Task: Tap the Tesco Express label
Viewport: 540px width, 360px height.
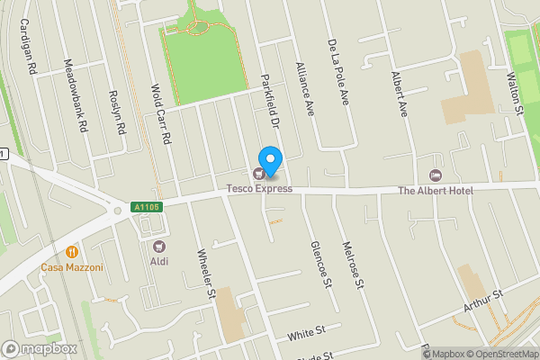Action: click(x=259, y=188)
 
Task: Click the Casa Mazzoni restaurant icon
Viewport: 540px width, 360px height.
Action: click(x=71, y=253)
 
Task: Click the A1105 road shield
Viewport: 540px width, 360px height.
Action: click(x=145, y=207)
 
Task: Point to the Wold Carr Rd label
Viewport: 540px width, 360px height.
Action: click(x=161, y=114)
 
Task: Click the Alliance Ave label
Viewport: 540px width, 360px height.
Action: click(x=305, y=90)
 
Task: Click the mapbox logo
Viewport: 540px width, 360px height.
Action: click(x=40, y=348)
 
